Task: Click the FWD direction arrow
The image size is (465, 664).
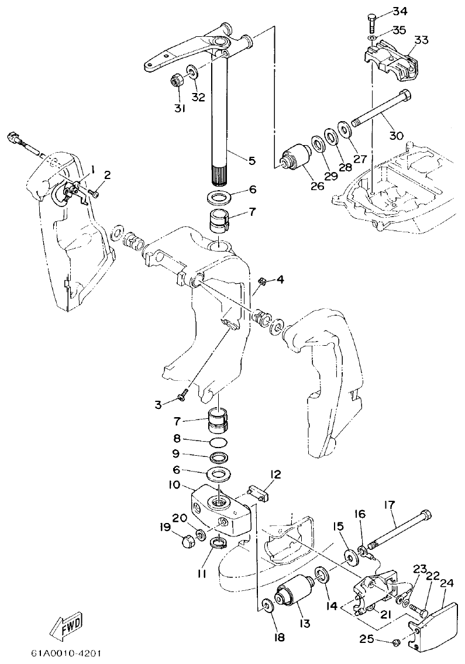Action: pos(65,625)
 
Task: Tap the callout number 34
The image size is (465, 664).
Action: pos(400,11)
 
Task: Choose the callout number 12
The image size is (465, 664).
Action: pos(275,474)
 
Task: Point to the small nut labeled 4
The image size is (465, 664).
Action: pos(263,283)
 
